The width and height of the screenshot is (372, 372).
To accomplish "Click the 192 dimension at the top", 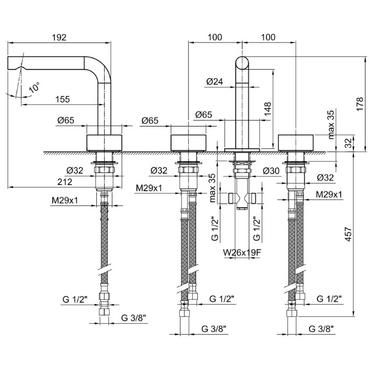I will (x=60, y=37).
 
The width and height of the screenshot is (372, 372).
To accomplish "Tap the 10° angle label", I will (x=33, y=88).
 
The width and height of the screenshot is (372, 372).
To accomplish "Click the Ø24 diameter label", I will (x=214, y=81).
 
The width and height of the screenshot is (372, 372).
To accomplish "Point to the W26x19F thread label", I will (x=243, y=252).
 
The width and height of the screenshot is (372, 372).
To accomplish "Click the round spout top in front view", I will (x=242, y=62).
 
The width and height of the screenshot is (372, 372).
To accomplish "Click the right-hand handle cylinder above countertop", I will (x=297, y=142).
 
